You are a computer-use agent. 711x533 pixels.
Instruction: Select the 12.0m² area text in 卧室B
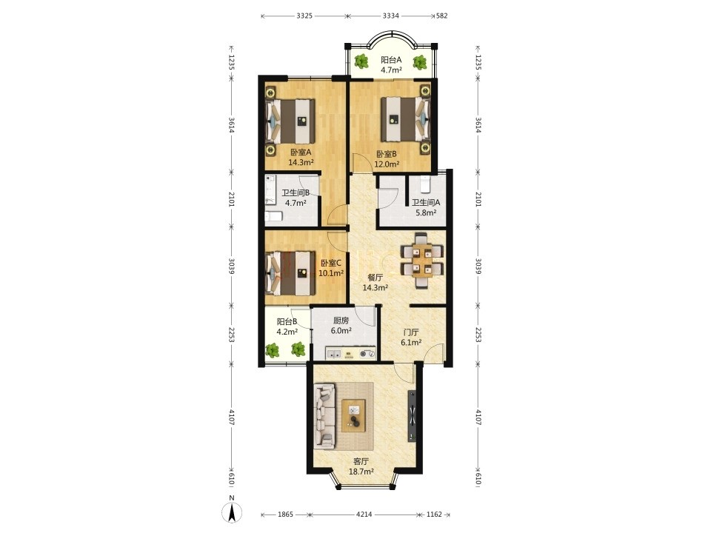coord(387,164)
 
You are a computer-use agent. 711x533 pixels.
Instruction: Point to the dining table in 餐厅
coord(423,261)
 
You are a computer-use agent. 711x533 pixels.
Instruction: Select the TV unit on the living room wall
coord(413,415)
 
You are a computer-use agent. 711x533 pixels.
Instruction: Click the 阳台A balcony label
coord(391,59)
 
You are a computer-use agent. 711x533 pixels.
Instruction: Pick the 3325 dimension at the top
coord(304,16)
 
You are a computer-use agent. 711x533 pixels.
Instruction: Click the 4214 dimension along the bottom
coord(364,514)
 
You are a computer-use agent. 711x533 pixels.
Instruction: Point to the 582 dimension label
coord(441,16)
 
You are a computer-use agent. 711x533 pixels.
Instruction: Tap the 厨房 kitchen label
coord(341,321)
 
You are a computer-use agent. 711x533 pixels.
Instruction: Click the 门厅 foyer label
coord(411,332)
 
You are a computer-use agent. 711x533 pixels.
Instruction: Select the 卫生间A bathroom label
coord(426,203)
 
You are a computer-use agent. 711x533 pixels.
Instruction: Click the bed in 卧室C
coord(290,273)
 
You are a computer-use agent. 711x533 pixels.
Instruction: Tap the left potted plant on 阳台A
coord(361,61)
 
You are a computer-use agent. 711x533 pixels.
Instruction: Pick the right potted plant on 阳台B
coord(298,349)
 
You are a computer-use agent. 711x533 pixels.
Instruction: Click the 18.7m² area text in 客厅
coord(361,472)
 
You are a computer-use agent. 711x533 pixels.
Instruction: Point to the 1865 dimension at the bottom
coord(285,514)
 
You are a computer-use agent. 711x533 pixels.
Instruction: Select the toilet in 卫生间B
coord(273,217)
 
